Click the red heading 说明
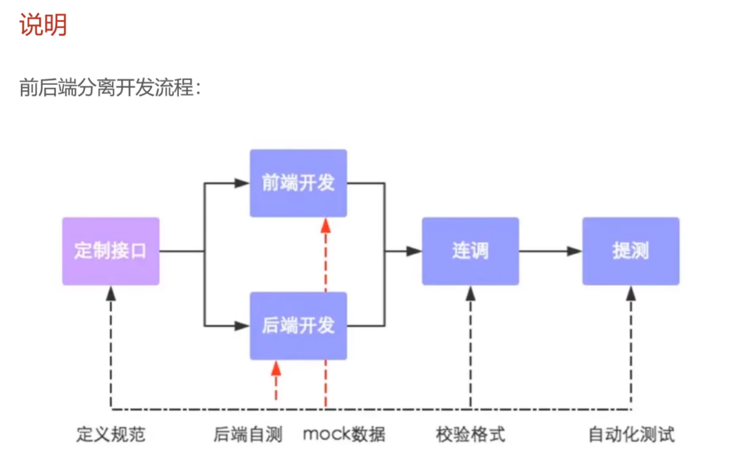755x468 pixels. (43, 25)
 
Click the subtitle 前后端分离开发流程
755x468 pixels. (110, 87)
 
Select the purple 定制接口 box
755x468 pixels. (111, 251)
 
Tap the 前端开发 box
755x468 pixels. (298, 183)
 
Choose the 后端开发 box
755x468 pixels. (298, 326)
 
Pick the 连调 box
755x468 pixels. (470, 251)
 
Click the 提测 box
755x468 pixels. (631, 251)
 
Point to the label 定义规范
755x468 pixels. (111, 434)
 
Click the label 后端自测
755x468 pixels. (248, 434)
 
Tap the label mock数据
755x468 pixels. (344, 434)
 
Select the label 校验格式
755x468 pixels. (471, 434)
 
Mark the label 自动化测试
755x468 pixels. (631, 434)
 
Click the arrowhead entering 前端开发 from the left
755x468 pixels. (242, 183)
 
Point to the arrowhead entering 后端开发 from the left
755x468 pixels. (242, 326)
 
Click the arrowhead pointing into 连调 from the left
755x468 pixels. (414, 251)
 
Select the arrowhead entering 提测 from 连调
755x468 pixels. (574, 251)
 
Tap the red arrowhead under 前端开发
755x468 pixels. (325, 226)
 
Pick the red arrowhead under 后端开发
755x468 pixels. (276, 368)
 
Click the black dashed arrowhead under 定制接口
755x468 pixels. (111, 294)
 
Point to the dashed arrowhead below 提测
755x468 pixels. (631, 294)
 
